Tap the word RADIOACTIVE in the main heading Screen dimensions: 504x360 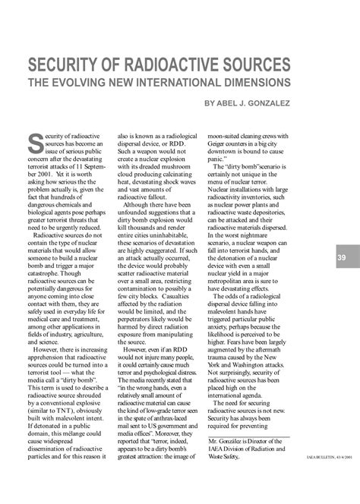182,63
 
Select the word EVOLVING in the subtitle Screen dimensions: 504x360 96,80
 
